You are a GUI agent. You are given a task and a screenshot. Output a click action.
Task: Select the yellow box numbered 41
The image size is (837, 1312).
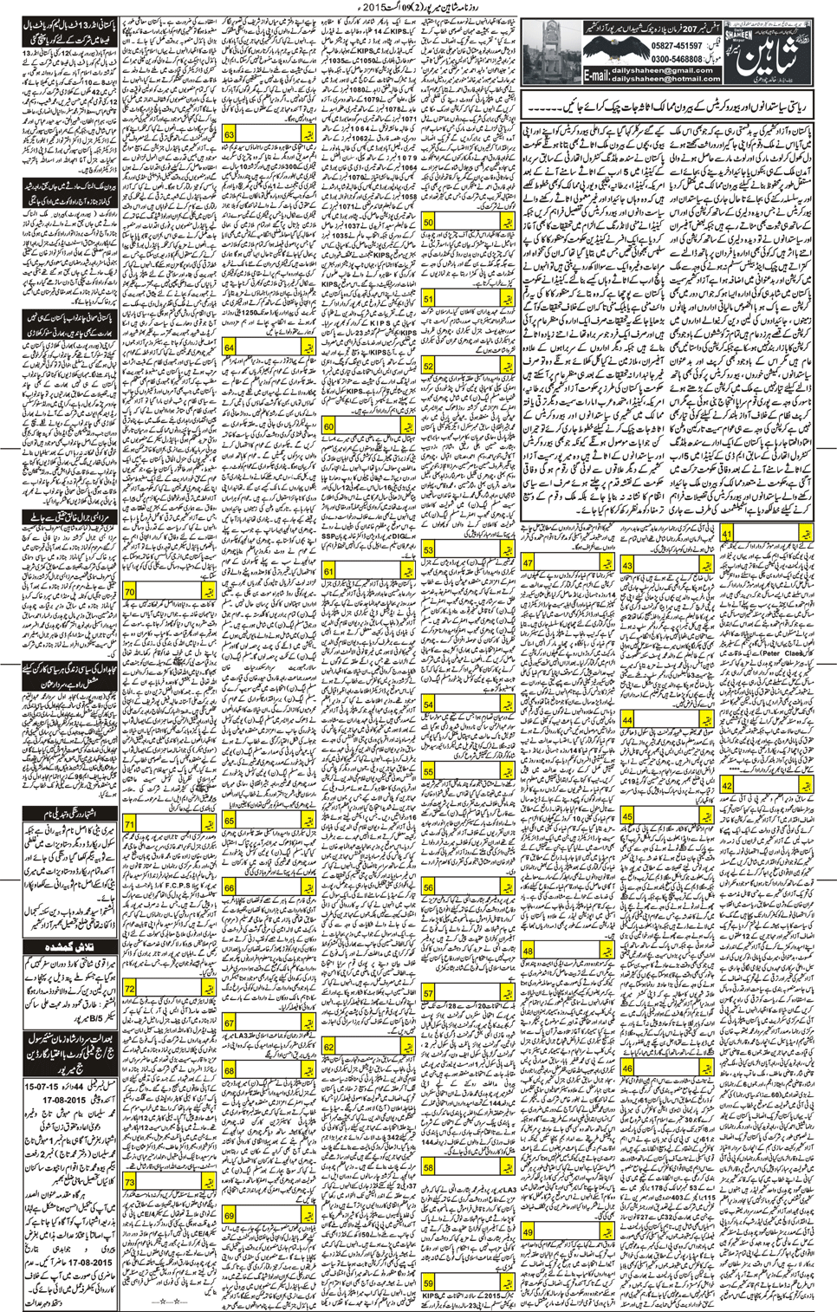click(x=727, y=535)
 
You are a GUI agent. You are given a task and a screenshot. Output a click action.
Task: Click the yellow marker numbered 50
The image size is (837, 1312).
click(x=429, y=222)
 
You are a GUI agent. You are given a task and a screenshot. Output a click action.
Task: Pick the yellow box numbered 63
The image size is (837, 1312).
click(x=229, y=135)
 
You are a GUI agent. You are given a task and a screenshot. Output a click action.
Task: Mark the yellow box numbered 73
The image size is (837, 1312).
click(x=130, y=1181)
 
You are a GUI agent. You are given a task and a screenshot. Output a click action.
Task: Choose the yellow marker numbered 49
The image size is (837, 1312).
click(x=529, y=1231)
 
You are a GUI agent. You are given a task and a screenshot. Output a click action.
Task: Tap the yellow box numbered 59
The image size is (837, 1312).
click(x=429, y=1283)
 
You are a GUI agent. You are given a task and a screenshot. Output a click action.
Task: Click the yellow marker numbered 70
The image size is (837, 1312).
click(x=130, y=592)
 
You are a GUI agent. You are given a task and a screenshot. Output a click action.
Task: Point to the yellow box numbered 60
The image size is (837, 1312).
click(x=329, y=426)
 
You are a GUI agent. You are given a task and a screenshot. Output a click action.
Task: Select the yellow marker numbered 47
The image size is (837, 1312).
click(x=529, y=563)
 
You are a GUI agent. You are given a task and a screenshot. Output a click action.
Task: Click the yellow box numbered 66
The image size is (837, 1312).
click(x=229, y=888)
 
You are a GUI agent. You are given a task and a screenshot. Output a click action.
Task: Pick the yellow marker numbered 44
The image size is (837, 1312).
click(x=627, y=721)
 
